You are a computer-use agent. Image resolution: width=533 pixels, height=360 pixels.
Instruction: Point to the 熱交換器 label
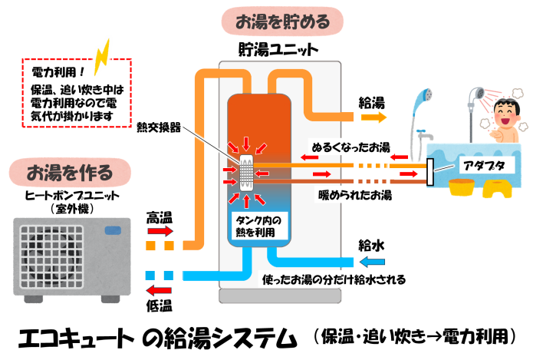tap(158, 127)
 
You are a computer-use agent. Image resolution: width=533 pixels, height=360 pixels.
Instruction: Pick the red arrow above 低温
tap(160, 290)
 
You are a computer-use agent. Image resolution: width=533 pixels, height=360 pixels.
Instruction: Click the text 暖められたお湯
tap(354, 195)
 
